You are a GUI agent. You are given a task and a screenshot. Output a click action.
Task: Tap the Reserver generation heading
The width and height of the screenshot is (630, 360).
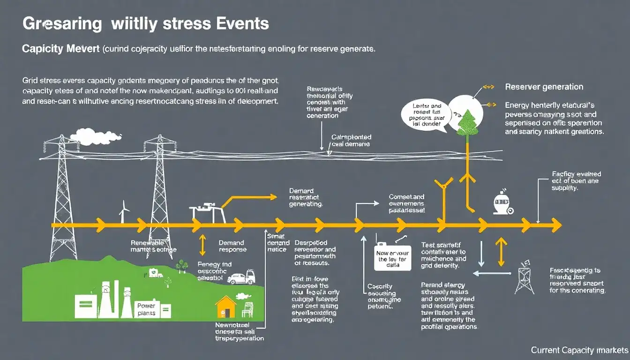click(544, 87)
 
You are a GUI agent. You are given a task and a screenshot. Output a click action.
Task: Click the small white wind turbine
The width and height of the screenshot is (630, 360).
click(124, 212)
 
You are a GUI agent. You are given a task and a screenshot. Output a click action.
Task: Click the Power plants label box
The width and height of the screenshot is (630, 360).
click(146, 309)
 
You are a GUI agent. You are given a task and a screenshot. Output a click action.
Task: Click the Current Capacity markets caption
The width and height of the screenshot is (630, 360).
click(579, 350)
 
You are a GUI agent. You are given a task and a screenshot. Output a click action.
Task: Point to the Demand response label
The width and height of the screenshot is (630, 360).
click(232, 247)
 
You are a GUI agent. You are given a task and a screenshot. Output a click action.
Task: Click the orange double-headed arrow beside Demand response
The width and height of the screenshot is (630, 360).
click(202, 245)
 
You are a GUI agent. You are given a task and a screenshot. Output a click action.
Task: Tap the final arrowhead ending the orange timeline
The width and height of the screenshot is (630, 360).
click(556, 225)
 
